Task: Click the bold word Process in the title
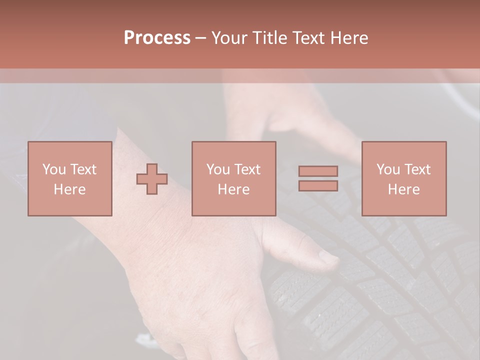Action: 157,38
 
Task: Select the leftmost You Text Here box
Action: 69,178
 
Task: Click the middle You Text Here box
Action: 233,178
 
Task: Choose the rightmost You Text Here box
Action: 403,178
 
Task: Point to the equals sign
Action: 318,178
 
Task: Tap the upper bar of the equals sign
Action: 318,171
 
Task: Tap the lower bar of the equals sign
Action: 318,185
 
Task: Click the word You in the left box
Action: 53,169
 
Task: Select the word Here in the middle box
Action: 233,189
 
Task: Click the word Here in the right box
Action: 403,189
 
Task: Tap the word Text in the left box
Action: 83,169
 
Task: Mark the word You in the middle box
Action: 217,169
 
